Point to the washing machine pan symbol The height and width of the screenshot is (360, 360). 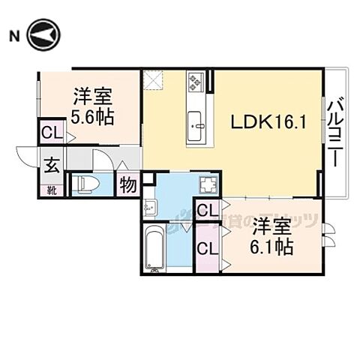pos(207,185)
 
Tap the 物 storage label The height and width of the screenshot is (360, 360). pos(127,184)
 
